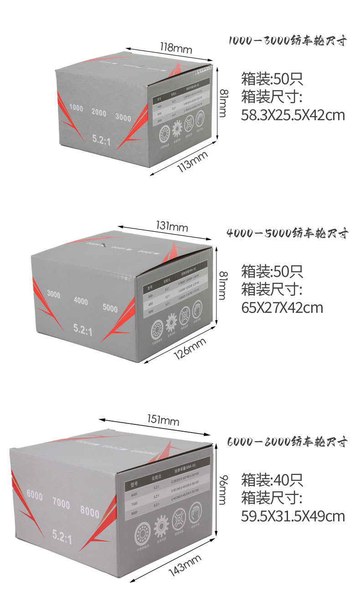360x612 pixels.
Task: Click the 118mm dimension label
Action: coord(176,47)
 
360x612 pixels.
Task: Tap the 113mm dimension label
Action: coord(192,161)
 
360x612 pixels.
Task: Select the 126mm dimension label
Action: coord(190,348)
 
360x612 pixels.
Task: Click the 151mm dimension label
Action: coord(163,420)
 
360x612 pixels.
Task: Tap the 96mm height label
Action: coord(222,489)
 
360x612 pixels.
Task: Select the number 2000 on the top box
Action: coord(99,112)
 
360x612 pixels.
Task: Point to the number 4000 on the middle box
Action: coord(81,301)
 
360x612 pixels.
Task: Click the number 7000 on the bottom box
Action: coord(61,504)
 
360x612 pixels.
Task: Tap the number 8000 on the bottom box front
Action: coord(89,512)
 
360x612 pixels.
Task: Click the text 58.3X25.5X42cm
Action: coord(293,115)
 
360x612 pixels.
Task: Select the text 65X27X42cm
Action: coord(282,307)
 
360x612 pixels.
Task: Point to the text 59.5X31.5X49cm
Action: coord(293,516)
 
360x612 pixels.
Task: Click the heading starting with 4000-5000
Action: coord(288,234)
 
